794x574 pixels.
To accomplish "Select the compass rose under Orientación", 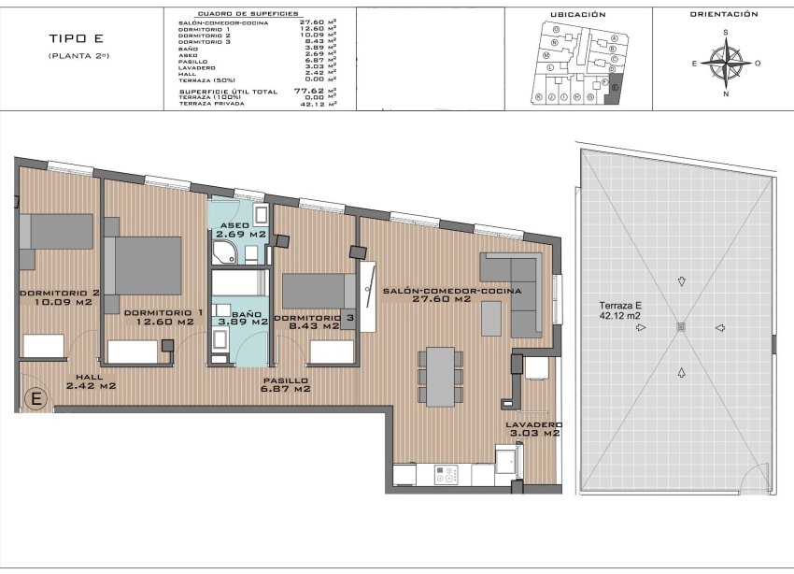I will [x=725, y=63].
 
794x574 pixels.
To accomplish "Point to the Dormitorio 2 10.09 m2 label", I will [x=57, y=296].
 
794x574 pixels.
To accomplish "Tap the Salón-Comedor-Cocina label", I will [x=451, y=291].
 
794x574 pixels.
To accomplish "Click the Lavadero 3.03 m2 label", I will [x=532, y=428].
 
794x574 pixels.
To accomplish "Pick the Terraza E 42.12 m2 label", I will [x=620, y=310].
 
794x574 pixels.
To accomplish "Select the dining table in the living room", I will [x=439, y=375].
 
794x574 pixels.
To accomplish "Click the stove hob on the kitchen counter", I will [x=446, y=475].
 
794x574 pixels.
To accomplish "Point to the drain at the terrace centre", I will [x=679, y=326].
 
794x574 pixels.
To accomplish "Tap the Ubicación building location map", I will [x=577, y=64].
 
